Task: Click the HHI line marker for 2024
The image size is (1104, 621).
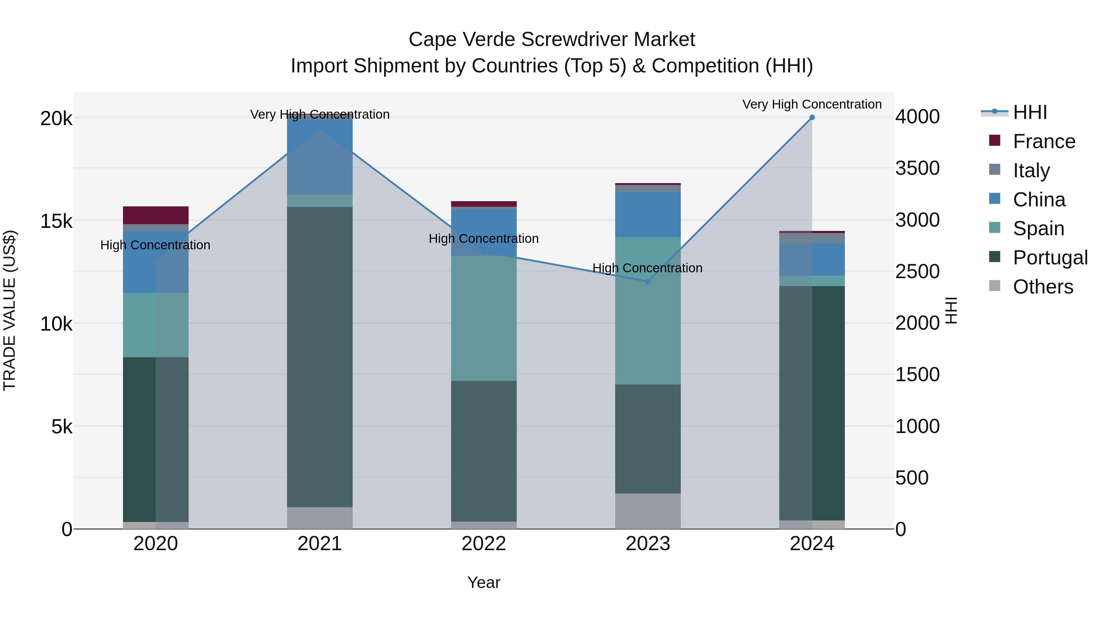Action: pyautogui.click(x=812, y=117)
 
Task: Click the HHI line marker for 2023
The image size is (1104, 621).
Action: pyautogui.click(x=648, y=282)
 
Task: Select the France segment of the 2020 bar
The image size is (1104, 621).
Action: pyautogui.click(x=155, y=215)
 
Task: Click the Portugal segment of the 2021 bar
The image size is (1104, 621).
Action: pyautogui.click(x=320, y=357)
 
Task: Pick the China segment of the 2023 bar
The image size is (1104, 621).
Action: pyautogui.click(x=648, y=214)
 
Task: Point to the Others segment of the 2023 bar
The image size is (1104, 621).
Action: pyautogui.click(x=648, y=511)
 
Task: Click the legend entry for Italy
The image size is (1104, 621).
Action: pyautogui.click(x=1031, y=170)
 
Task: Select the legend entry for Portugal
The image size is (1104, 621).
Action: pyautogui.click(x=1050, y=257)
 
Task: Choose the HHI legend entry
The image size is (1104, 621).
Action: pyautogui.click(x=1029, y=112)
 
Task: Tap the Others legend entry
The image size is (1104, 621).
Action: pyautogui.click(x=1042, y=286)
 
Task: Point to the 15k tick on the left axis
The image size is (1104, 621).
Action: pyautogui.click(x=56, y=221)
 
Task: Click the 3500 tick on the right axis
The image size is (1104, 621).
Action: pyautogui.click(x=917, y=168)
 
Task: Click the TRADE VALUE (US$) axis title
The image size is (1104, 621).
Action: pyautogui.click(x=10, y=310)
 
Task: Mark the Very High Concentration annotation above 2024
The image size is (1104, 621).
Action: pyautogui.click(x=812, y=104)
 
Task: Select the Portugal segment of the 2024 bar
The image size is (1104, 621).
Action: pyautogui.click(x=812, y=403)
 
